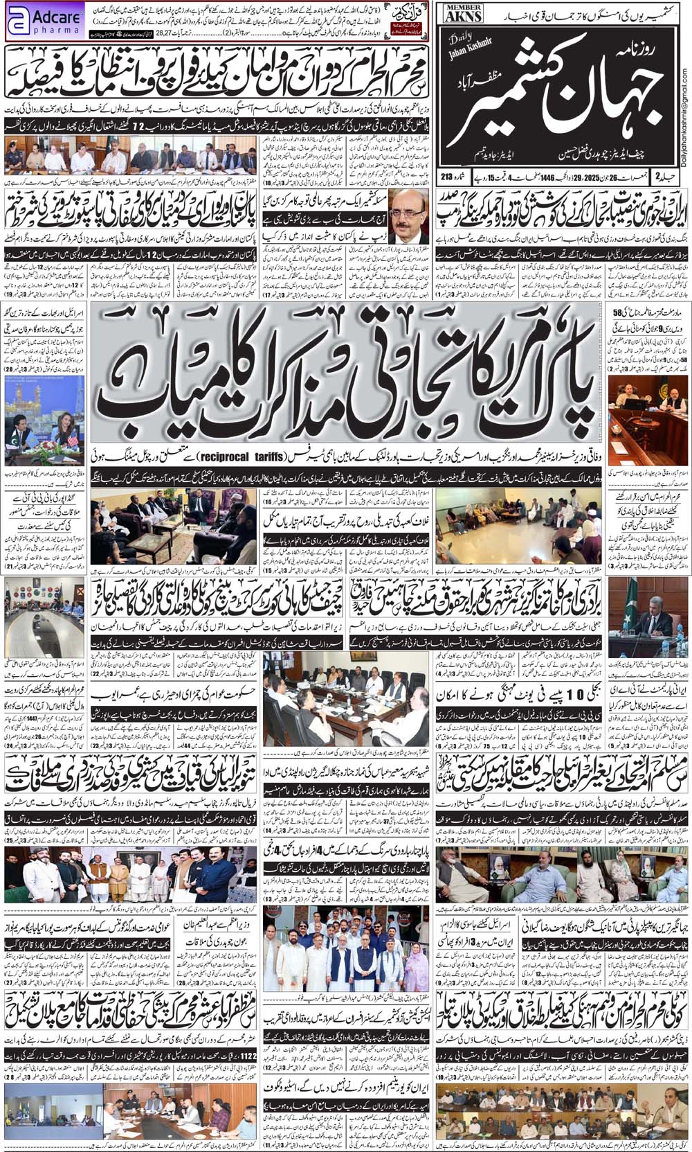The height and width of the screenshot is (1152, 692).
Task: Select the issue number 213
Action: [x=450, y=178]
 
